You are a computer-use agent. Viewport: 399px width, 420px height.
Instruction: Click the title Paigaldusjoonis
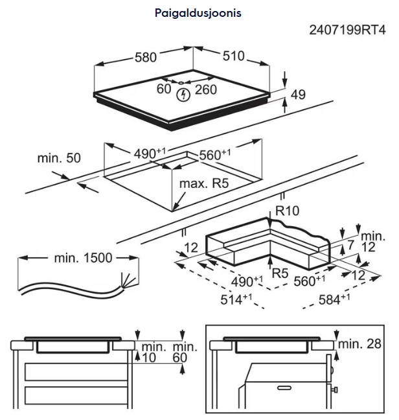(198, 12)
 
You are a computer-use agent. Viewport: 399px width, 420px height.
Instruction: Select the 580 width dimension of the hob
(146, 57)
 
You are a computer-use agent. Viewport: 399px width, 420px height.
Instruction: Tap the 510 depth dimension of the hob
(233, 56)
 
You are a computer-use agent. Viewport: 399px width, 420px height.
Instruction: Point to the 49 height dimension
(297, 95)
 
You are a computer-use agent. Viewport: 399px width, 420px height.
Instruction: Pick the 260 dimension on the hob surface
(205, 89)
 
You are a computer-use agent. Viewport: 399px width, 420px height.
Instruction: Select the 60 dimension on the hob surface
(163, 89)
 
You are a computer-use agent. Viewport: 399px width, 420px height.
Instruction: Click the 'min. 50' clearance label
(60, 158)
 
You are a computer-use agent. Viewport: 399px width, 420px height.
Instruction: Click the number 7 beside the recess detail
(350, 246)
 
